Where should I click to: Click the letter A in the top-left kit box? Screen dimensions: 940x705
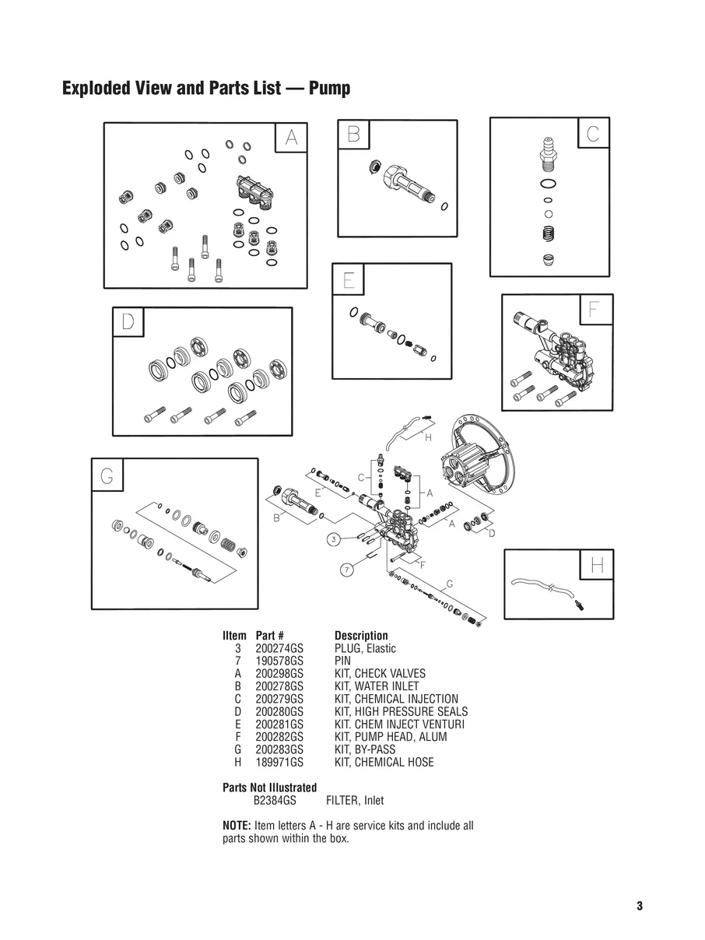click(x=291, y=138)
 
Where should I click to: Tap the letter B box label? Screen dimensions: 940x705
click(x=352, y=135)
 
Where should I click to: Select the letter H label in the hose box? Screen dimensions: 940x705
click(x=597, y=566)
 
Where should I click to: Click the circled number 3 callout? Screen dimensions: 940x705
click(x=332, y=538)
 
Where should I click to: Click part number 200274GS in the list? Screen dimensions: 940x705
click(x=279, y=648)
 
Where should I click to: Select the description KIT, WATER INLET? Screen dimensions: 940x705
click(x=376, y=686)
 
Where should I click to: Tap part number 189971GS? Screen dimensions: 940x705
click(x=279, y=762)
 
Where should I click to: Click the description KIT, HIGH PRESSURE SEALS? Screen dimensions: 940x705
click(x=401, y=711)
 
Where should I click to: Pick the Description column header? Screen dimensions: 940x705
click(x=361, y=636)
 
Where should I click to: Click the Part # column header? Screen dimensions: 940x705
click(x=269, y=636)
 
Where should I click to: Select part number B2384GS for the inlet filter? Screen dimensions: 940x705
click(x=275, y=800)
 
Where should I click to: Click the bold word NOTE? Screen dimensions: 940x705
click(x=237, y=826)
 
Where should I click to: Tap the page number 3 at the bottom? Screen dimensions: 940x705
click(x=640, y=906)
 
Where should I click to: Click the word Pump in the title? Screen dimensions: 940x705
click(x=329, y=88)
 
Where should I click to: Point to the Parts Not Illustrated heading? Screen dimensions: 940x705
click(x=269, y=787)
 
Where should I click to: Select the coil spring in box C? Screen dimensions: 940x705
click(x=549, y=233)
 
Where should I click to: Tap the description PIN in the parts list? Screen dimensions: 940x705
click(x=342, y=661)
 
